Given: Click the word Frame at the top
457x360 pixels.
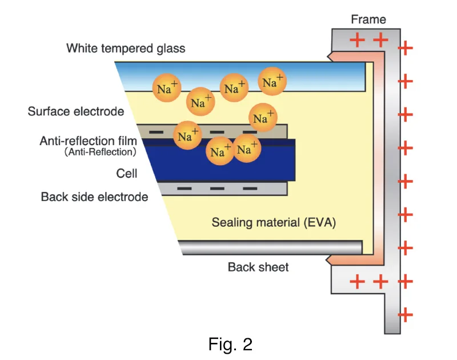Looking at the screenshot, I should point(368,19).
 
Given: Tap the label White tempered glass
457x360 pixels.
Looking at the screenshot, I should point(126,48).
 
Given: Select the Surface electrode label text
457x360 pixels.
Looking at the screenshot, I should point(75,111).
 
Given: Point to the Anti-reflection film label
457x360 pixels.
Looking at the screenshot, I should point(87,141).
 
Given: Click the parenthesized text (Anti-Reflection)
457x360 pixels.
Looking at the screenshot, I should point(100,153).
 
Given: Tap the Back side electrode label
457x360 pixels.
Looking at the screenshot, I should point(94,197).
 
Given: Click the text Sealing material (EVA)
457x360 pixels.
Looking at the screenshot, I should point(274,222).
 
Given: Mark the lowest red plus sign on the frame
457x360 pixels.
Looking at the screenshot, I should point(405,314).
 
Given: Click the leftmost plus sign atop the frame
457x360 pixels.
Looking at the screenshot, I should point(357,40).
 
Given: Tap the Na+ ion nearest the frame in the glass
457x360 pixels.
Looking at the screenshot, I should point(272,82).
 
